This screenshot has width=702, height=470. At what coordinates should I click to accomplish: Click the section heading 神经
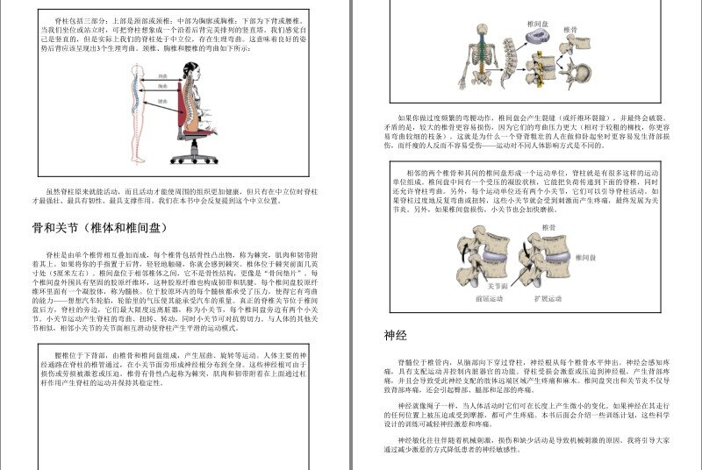click(395, 335)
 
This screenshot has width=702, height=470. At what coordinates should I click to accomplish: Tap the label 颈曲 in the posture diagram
click(162, 76)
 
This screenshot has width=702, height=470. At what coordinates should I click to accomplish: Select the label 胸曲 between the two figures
click(162, 87)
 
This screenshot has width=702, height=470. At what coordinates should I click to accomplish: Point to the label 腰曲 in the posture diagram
click(162, 102)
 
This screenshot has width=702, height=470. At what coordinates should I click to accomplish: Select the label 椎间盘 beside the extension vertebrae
click(585, 257)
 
